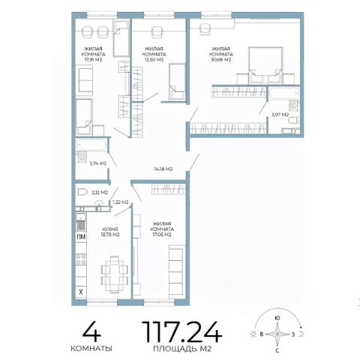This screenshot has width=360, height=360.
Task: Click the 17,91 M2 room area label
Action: tap(93, 54)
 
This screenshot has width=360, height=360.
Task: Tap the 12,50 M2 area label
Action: tap(154, 54)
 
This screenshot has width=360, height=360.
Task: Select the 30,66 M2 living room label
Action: tap(220, 54)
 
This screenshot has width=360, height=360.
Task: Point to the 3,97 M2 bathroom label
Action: tap(280, 115)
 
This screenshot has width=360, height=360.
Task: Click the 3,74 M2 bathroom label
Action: tap(98, 163)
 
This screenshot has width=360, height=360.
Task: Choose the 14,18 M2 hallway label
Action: tap(163, 169)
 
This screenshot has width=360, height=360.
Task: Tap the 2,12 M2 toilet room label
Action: tap(100, 193)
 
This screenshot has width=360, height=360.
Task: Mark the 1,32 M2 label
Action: tap(120, 202)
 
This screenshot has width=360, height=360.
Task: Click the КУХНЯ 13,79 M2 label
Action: tap(110, 232)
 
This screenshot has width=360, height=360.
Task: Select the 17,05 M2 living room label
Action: tap(162, 229)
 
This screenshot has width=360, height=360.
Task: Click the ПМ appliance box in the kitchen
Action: tap(81, 237)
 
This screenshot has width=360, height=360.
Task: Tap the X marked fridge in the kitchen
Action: tap(81, 292)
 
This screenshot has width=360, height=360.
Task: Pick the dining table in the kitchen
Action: tap(115, 274)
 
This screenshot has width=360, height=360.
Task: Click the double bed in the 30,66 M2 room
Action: tap(265, 65)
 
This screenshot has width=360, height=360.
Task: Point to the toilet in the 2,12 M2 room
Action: tap(82, 192)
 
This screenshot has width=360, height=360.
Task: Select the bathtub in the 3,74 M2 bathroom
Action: tap(91, 145)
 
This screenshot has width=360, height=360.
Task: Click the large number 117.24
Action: tap(182, 331)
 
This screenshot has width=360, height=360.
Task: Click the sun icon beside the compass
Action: tap(253, 334)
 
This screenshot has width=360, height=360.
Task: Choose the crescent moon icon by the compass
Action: tap(301, 334)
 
